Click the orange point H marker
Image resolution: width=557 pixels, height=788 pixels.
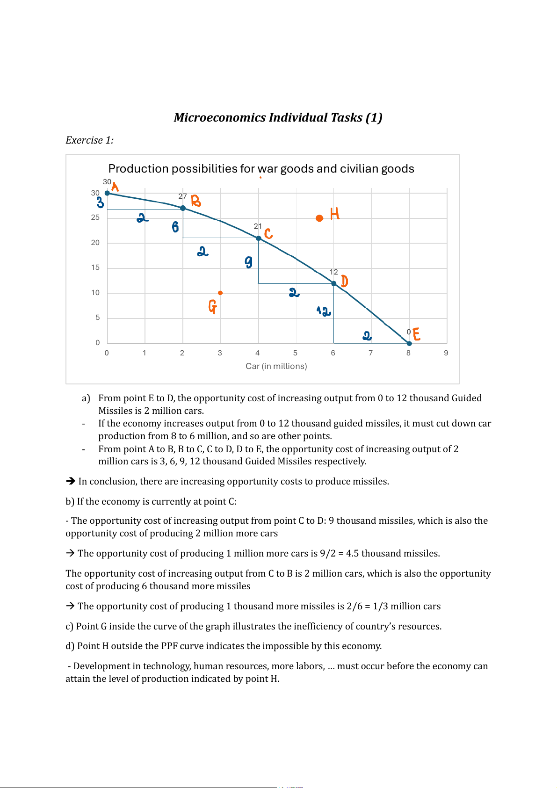[319, 218]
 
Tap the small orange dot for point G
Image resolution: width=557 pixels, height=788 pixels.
[220, 293]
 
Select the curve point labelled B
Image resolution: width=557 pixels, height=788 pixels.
[183, 208]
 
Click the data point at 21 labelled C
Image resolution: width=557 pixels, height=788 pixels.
[259, 238]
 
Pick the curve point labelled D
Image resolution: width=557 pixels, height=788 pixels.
[333, 283]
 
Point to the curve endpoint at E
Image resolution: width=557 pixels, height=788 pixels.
[409, 343]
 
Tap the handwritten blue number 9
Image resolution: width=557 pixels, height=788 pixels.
[248, 262]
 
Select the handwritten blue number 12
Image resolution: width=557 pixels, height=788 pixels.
[324, 311]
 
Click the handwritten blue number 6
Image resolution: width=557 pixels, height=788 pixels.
[175, 227]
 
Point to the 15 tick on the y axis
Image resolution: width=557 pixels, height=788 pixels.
[95, 267]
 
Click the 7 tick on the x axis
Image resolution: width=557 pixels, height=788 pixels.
[370, 353]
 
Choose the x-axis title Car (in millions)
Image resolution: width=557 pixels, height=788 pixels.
[276, 366]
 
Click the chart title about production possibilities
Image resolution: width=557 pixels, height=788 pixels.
[261, 169]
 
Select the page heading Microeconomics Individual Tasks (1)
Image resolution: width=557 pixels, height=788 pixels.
[278, 117]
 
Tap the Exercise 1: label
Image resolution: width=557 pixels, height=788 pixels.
[89, 140]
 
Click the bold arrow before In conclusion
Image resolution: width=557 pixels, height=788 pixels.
[71, 481]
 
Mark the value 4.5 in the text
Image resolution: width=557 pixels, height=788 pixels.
[352, 554]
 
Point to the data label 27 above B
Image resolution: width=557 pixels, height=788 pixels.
[182, 196]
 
